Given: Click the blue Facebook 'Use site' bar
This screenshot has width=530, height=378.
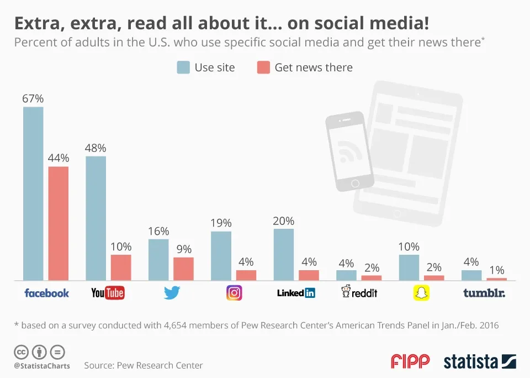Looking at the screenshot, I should [x=33, y=193].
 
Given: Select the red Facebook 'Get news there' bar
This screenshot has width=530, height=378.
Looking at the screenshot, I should [x=59, y=223].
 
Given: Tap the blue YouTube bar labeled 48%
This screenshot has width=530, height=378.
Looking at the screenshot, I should [x=96, y=218].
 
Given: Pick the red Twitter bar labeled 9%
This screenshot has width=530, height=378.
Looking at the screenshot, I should [x=183, y=269].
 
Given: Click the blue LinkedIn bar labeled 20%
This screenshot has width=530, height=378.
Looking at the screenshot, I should [x=284, y=255].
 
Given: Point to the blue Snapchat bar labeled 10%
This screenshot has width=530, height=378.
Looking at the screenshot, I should [x=409, y=267].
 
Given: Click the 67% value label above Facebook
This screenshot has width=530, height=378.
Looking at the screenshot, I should [x=33, y=99].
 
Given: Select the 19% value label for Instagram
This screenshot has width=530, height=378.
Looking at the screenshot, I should [x=221, y=223].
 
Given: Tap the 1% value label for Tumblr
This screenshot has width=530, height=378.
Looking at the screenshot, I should [x=497, y=270].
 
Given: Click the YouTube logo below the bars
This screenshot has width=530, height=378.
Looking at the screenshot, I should [x=108, y=293].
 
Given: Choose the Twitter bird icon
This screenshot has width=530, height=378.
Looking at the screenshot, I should [x=172, y=293].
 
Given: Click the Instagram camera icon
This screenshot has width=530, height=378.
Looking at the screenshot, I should [x=234, y=293].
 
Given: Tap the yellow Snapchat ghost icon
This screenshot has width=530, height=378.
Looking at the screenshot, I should [x=422, y=293].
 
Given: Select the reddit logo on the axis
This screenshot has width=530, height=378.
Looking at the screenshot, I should [x=359, y=292].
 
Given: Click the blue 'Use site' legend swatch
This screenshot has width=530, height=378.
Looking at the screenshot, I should [x=183, y=67].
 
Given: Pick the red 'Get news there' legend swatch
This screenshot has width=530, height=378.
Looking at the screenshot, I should [x=263, y=67].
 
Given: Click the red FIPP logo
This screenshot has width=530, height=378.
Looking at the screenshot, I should [x=410, y=361].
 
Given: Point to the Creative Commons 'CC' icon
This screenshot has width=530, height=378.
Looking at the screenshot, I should [x=21, y=351].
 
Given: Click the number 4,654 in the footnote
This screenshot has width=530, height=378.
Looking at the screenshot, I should [x=165, y=326].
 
